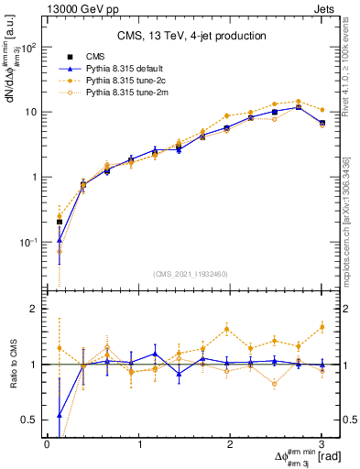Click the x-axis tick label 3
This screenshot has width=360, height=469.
pos(322,444)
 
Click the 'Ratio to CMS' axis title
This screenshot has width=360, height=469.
pos(11,365)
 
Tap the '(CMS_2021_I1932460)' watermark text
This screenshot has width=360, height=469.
pos(191,274)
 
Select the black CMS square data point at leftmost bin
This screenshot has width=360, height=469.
pos(60,222)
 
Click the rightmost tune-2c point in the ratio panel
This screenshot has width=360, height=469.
pos(322,326)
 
